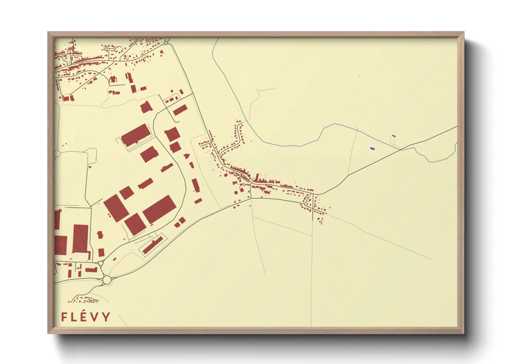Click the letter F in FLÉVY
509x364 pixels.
point(64,317)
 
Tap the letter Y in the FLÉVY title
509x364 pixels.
point(107,317)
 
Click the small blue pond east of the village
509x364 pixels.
point(372,149)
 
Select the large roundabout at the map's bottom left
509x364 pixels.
point(107,280)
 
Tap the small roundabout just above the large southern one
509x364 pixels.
point(101,263)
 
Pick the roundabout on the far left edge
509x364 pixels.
point(57,153)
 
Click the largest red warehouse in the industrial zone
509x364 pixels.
point(159,209)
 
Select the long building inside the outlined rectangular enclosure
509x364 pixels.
point(153,245)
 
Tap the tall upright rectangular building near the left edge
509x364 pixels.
point(80,239)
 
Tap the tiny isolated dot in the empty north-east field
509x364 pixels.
point(359,75)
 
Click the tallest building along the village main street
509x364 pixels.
point(257,178)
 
